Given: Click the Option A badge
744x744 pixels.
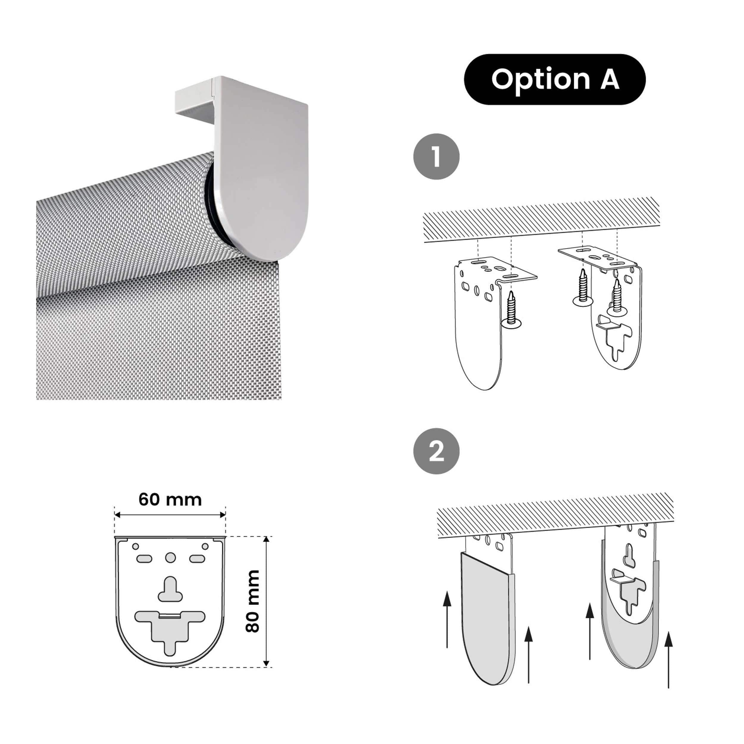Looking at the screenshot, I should (554, 79).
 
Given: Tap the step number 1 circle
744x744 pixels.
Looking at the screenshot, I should (436, 157).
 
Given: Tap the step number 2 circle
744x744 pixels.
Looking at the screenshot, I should (436, 451).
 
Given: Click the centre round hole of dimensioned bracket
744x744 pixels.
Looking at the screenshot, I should (170, 558).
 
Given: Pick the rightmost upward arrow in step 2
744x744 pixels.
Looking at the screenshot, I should (668, 660).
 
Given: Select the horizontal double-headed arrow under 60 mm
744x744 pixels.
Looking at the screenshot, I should (170, 515).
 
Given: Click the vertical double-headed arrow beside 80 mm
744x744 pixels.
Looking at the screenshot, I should (266, 601).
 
